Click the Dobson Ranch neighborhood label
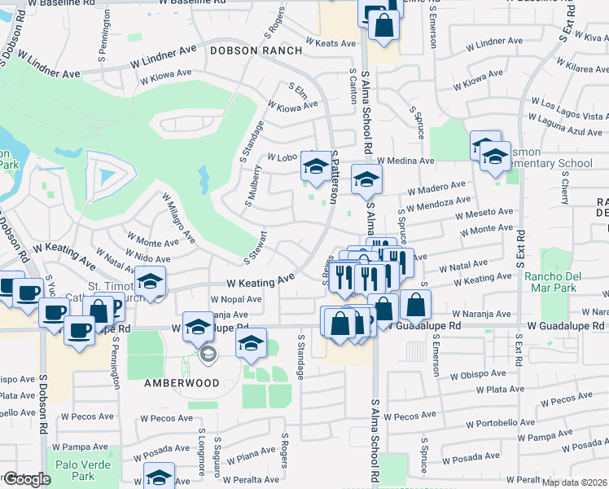pos(256,51)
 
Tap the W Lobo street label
pos(280,158)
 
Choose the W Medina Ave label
pos(405,161)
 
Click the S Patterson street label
pos(334,178)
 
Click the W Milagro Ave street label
pos(179,218)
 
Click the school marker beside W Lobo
pos(315,166)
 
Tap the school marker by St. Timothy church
pos(151,281)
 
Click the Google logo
pos(26,479)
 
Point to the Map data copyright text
pos(575,482)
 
